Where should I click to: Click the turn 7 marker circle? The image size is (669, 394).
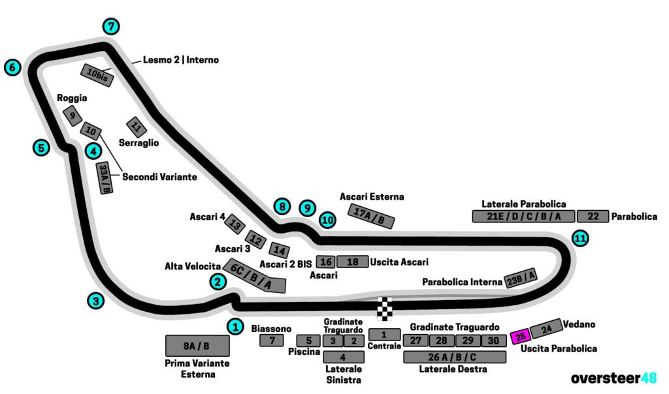point(112,27)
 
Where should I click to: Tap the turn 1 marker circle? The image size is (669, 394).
point(235,326)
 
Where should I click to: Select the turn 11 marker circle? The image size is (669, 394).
point(579,238)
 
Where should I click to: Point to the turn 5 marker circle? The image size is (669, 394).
point(41,147)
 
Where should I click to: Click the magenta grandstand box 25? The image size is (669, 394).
point(521,337)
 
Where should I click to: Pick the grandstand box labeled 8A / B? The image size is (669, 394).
point(197,345)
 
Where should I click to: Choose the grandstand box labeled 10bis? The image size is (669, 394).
point(97,75)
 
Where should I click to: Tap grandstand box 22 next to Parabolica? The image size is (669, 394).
point(593,217)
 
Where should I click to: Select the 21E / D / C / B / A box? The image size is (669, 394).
point(523,217)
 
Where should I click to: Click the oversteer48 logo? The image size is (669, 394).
point(613,378)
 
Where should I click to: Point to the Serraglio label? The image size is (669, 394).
point(139,143)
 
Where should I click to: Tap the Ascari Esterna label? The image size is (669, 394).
point(372,196)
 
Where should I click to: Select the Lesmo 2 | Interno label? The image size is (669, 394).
point(181,60)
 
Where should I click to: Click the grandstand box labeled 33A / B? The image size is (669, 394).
point(104,178)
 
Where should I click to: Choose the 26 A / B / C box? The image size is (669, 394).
point(454,357)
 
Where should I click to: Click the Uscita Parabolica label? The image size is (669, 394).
point(559,349)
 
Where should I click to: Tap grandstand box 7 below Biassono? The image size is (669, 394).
point(271,340)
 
